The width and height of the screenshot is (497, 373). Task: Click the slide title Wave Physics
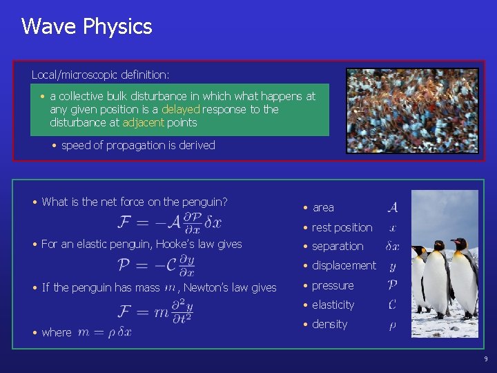tap(86, 27)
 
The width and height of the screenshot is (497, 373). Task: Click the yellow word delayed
tap(181, 109)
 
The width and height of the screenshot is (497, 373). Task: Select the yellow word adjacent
tap(143, 122)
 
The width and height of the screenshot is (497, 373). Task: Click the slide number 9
tap(485, 358)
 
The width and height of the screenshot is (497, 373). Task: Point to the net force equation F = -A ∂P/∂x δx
tap(170, 222)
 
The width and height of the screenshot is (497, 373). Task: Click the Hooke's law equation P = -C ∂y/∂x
tap(156, 265)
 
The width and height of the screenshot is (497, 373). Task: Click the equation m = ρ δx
tap(104, 332)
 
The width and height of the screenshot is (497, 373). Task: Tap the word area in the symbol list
tap(323, 207)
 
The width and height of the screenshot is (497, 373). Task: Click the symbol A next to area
tap(392, 207)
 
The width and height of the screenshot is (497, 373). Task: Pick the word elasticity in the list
tap(333, 305)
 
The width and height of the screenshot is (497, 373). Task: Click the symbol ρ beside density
tap(392, 325)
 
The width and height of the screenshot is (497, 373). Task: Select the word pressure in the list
tap(332, 285)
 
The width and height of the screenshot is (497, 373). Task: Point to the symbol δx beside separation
tap(392, 246)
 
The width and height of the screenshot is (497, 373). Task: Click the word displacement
tap(344, 265)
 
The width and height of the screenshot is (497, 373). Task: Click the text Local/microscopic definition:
tap(101, 74)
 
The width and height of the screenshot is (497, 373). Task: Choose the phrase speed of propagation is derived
tap(138, 145)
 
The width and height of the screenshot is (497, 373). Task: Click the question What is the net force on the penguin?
tap(134, 202)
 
